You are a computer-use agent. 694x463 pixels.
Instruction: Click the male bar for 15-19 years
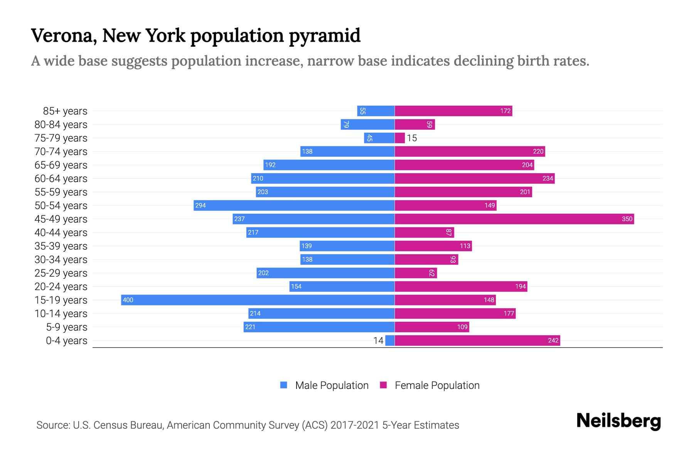[x=258, y=300]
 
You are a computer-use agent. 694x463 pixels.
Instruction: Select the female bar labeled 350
[x=514, y=219]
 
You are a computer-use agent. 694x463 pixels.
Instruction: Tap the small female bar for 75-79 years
[x=400, y=138]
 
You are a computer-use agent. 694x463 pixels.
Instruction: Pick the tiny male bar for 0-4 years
[x=390, y=340]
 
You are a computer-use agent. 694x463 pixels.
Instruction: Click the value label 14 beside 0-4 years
[x=378, y=340]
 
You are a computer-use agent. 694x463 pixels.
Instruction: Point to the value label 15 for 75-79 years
[x=412, y=138]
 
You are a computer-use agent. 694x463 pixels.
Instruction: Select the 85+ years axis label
[x=65, y=111]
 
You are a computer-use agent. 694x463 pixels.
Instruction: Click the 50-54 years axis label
[x=61, y=206]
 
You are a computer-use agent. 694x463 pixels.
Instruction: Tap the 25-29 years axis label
[x=61, y=273]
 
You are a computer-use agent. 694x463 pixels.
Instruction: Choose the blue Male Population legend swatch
[x=284, y=385]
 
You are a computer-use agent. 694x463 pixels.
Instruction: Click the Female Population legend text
[x=437, y=385]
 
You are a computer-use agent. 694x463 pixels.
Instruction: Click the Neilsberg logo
[x=618, y=421]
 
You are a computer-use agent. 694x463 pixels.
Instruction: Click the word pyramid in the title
[x=324, y=35]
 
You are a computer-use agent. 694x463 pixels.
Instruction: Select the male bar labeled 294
[x=294, y=205]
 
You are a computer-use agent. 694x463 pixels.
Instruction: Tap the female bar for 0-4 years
[x=477, y=340]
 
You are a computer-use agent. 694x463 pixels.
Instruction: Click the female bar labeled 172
[x=453, y=111]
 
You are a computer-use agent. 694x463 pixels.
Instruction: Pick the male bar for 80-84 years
[x=367, y=124]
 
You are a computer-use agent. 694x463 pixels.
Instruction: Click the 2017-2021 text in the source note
[x=355, y=425]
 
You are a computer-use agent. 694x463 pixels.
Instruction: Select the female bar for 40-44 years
[x=424, y=232]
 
